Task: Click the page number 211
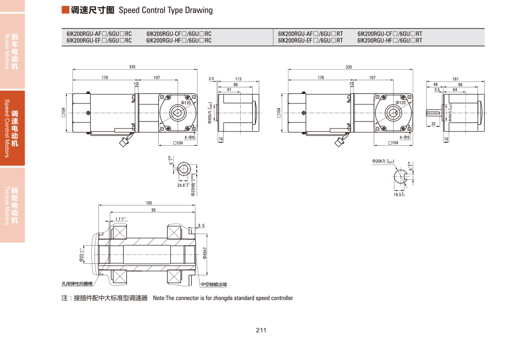(260, 330)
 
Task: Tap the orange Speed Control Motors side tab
(12, 128)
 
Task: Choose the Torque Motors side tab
(12, 205)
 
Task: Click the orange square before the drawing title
(65, 10)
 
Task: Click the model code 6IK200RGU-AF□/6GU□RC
(99, 34)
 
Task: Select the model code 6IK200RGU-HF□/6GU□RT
(390, 40)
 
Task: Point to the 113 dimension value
(238, 79)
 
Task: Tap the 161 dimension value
(456, 79)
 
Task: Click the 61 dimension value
(229, 90)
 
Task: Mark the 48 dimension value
(436, 85)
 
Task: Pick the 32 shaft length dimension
(434, 124)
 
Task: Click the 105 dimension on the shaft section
(148, 203)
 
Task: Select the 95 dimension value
(153, 210)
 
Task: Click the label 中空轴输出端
(214, 285)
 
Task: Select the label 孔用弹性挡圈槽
(76, 284)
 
